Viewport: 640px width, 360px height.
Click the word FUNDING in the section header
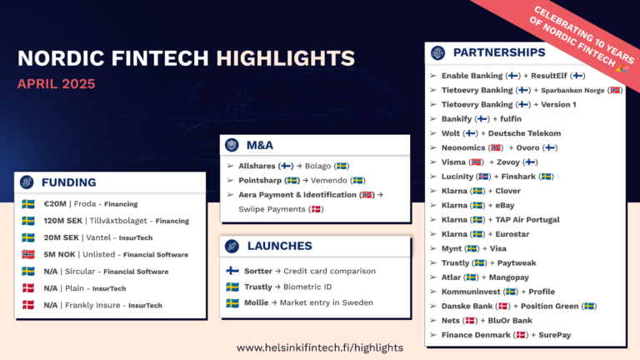pos(69,182)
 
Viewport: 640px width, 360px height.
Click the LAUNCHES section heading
pos(280,246)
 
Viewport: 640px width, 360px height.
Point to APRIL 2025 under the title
pos(56,84)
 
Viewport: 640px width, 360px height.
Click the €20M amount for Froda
pos(55,203)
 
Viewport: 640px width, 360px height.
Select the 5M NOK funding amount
pos(61,254)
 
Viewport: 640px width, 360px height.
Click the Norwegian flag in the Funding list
pos(28,254)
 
